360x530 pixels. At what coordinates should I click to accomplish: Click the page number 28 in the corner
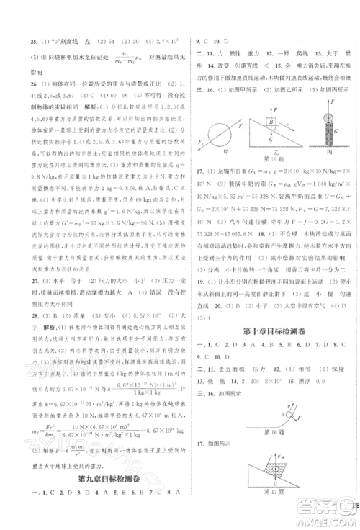click(x=355, y=506)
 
